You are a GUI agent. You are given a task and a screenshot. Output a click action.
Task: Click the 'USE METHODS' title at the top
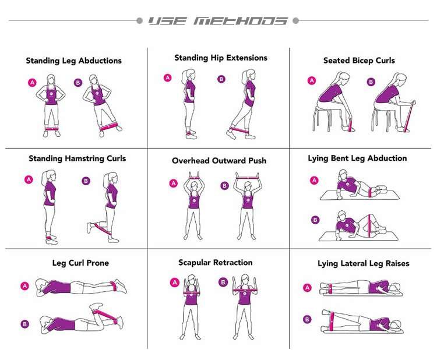218,21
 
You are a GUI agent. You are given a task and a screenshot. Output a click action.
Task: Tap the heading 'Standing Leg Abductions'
74,61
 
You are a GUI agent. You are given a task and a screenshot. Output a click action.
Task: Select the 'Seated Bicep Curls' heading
359,61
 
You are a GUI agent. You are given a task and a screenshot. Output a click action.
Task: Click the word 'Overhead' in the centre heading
191,161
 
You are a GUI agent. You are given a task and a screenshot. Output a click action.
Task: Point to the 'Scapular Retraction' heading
216,263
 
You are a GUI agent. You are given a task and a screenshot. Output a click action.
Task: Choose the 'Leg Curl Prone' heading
80,263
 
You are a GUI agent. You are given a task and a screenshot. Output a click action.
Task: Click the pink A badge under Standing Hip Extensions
167,78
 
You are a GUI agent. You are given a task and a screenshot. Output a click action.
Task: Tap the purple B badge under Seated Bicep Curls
371,82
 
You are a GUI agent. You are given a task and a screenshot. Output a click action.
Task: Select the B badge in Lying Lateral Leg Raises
307,319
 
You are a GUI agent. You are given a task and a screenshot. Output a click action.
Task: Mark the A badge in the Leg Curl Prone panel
25,286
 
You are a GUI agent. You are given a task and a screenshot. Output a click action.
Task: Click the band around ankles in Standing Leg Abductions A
51,129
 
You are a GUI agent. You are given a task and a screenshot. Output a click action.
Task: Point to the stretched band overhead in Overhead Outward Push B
248,177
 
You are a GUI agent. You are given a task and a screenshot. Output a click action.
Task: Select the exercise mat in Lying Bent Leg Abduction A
360,195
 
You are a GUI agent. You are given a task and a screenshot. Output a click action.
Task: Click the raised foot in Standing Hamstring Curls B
89,227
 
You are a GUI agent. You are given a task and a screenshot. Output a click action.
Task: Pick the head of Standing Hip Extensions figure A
188,75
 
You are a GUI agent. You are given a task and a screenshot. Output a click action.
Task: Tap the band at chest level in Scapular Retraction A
191,293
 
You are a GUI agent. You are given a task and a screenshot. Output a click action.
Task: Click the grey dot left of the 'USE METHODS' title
139,21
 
